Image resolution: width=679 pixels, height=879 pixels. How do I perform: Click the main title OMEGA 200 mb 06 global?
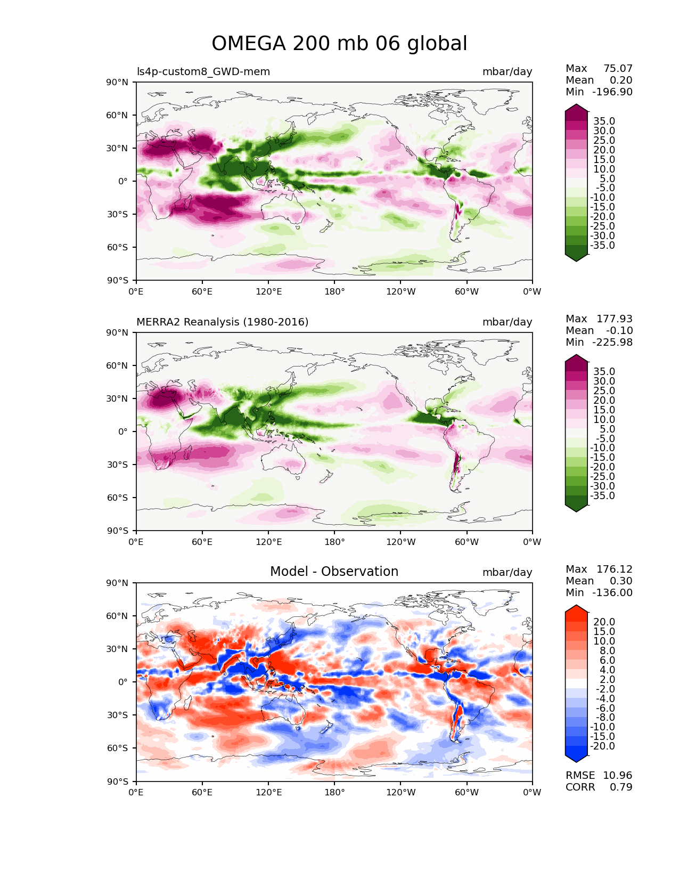point(339,43)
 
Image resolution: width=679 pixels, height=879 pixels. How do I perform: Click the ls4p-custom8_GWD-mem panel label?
point(203,71)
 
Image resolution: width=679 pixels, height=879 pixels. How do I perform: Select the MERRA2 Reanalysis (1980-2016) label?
point(223,322)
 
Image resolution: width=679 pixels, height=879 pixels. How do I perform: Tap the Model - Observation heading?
point(334,572)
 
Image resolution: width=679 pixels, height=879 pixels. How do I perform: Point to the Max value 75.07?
point(618,68)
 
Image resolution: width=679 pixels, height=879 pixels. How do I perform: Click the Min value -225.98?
point(612,342)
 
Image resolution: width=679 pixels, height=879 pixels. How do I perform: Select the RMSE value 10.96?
point(617,776)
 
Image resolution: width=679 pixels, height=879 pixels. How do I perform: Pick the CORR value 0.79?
point(621,787)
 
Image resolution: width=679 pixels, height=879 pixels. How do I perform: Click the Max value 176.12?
point(614,569)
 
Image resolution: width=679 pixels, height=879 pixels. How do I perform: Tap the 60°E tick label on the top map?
point(202,291)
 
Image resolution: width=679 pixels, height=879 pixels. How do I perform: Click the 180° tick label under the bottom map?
point(334,793)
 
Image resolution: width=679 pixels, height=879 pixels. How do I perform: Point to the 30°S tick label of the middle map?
point(117,465)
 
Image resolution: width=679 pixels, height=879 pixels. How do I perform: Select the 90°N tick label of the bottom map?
point(117,583)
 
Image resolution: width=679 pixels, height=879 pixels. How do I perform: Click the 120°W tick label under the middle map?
point(401,542)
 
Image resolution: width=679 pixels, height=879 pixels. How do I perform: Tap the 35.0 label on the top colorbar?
point(604,121)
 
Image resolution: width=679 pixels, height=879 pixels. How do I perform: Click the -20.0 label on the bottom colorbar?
point(602,746)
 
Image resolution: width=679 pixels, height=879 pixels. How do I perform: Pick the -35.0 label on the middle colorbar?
point(602,496)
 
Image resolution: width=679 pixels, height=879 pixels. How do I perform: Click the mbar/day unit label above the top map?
point(507,71)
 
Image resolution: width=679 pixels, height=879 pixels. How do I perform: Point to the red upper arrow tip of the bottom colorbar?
point(576,606)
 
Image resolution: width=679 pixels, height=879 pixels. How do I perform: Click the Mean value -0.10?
point(619,330)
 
